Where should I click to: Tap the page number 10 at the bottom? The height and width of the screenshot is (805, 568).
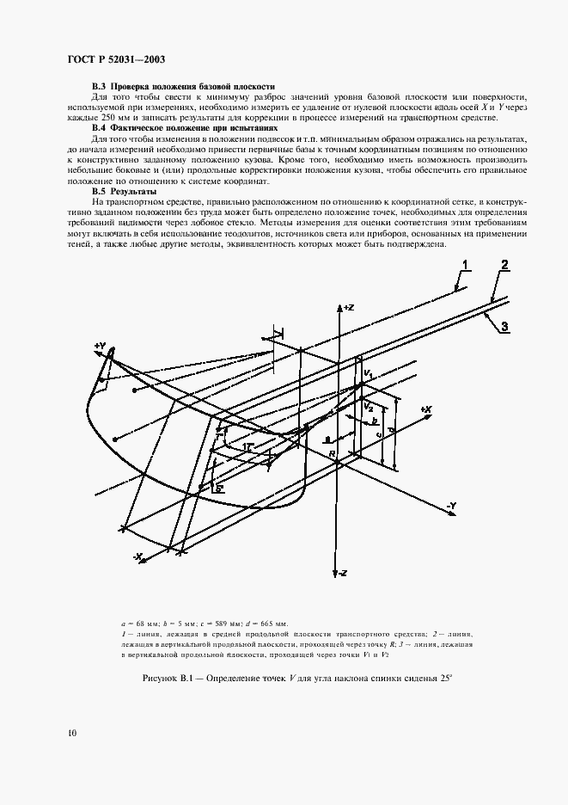[x=70, y=733]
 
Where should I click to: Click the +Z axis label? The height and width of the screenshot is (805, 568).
[x=348, y=307]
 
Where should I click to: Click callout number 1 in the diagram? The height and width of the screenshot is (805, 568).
[x=465, y=263]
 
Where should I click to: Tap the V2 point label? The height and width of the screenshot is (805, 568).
[x=368, y=404]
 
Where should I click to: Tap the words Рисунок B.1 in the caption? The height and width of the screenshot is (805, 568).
[x=169, y=679]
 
